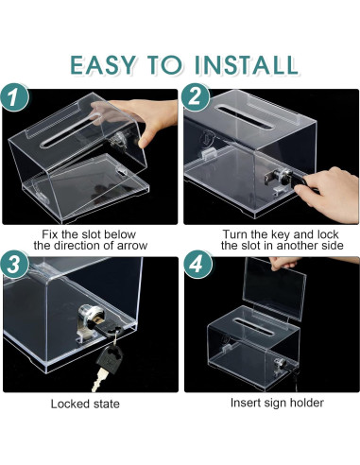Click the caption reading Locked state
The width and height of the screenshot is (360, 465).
(x=85, y=404)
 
